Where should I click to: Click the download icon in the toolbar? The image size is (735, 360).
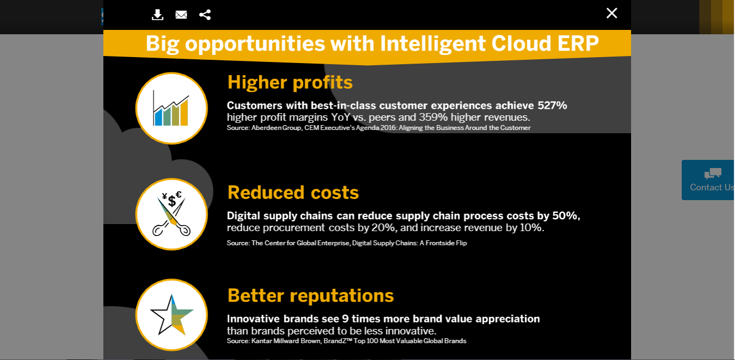pyautogui.click(x=157, y=15)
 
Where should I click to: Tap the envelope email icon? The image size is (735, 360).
pyautogui.click(x=181, y=15)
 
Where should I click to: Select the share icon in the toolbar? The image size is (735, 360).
pyautogui.click(x=205, y=15)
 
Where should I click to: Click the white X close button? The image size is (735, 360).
pyautogui.click(x=612, y=13)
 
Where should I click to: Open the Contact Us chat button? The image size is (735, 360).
pyautogui.click(x=708, y=180)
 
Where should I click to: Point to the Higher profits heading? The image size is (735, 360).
pyautogui.click(x=290, y=82)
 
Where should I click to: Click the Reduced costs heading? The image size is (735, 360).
pyautogui.click(x=293, y=193)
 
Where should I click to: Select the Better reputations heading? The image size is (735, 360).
pyautogui.click(x=311, y=295)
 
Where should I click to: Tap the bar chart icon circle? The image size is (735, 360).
pyautogui.click(x=171, y=108)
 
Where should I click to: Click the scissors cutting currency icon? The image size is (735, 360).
pyautogui.click(x=171, y=214)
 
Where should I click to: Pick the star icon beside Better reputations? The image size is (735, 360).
pyautogui.click(x=171, y=315)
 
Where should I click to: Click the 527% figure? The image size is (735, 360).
pyautogui.click(x=552, y=105)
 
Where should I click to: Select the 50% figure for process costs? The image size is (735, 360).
pyautogui.click(x=566, y=216)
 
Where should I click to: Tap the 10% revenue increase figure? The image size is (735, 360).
pyautogui.click(x=531, y=228)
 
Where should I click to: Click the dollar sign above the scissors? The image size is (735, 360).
pyautogui.click(x=172, y=201)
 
